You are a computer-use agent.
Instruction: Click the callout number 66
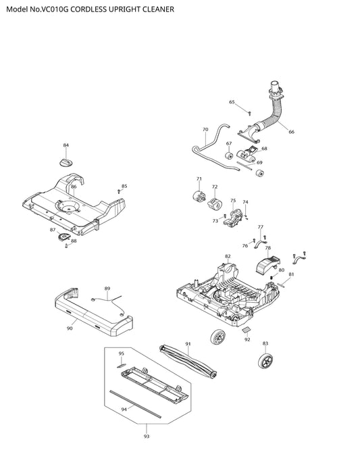pos(291,132)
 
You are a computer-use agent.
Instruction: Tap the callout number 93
pos(146,437)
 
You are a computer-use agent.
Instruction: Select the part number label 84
pos(66,145)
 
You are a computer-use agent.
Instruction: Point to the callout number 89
pos(107,289)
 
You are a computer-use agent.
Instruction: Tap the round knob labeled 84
pos(66,163)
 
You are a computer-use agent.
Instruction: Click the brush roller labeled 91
pos(188,362)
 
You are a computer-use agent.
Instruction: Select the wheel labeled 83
pos(265,360)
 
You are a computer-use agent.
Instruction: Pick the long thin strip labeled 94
pos(135,404)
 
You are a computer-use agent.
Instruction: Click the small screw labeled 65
pos(250,113)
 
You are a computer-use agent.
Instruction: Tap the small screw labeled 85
pos(119,191)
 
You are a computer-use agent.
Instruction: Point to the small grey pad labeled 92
pos(247,330)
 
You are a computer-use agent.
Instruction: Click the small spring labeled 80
pos(272,278)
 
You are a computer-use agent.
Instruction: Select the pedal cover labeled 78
pos(268,264)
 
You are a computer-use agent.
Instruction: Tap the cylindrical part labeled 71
pos(199,196)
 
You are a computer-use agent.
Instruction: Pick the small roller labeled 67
pos(229,155)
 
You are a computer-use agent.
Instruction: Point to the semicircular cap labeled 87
pos(63,237)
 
